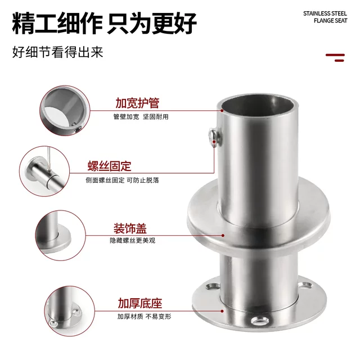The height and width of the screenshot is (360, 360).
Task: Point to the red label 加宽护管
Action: (137, 103)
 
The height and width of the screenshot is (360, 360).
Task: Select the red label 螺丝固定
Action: (109, 166)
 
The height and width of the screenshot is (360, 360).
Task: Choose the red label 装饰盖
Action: (129, 228)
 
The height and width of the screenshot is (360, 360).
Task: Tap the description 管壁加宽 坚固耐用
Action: (141, 117)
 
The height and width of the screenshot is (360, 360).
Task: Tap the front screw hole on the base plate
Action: (259, 321)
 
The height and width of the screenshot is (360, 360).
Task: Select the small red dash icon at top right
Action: (335, 56)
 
